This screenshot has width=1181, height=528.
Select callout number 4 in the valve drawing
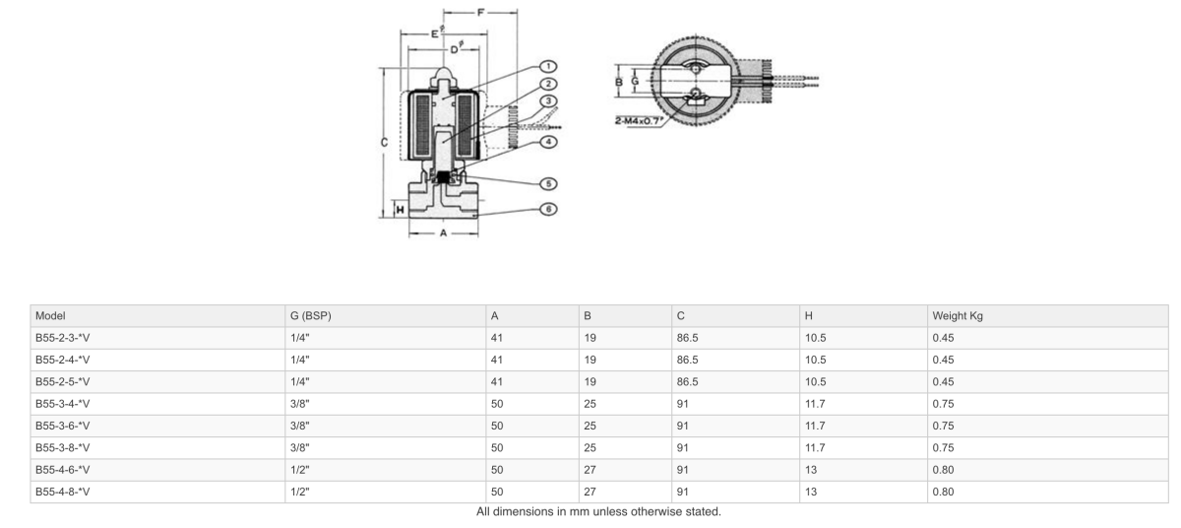pos(549,141)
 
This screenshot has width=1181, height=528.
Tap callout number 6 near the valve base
pos(549,209)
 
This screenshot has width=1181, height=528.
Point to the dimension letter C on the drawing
pos(383,142)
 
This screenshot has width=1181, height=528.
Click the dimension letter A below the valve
pos(443,233)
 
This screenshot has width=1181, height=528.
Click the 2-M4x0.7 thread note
pos(639,121)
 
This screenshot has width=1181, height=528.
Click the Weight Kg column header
pos(958,316)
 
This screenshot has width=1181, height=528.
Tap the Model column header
pos(50,316)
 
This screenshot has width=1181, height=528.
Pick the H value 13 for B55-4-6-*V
pos(811,470)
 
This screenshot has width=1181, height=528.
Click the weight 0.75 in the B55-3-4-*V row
pos(943,404)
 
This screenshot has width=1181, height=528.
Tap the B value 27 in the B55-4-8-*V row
pos(590,492)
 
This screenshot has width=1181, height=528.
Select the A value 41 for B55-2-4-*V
pos(497,361)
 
